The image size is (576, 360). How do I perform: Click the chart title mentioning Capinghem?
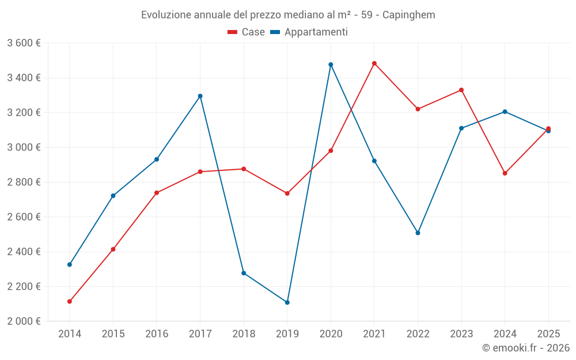click(x=288, y=14)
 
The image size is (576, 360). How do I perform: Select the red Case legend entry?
click(x=247, y=32)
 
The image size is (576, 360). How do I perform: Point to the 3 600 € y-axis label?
click(x=24, y=43)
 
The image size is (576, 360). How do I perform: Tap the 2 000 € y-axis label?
click(x=24, y=321)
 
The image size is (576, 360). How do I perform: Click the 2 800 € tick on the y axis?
click(x=24, y=182)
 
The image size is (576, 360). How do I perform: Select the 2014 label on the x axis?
click(x=70, y=334)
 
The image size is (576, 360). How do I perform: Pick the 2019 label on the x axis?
click(x=287, y=334)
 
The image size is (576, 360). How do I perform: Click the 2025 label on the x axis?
click(x=548, y=334)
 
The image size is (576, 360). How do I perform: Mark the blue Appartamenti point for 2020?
click(x=331, y=65)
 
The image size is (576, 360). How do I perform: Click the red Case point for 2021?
click(x=374, y=63)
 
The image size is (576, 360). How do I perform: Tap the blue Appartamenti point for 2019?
click(x=287, y=302)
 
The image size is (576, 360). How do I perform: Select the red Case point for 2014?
click(x=70, y=301)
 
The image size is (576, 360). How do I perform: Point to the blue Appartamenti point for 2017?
click(x=200, y=96)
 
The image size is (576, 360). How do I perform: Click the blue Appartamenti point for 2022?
click(x=418, y=233)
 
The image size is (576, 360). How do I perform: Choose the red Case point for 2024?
click(x=505, y=173)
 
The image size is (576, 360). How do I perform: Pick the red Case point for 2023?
click(x=461, y=90)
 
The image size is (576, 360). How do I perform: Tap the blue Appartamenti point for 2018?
click(x=244, y=273)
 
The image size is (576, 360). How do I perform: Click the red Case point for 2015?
click(x=113, y=249)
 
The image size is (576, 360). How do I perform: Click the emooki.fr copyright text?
click(x=526, y=348)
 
